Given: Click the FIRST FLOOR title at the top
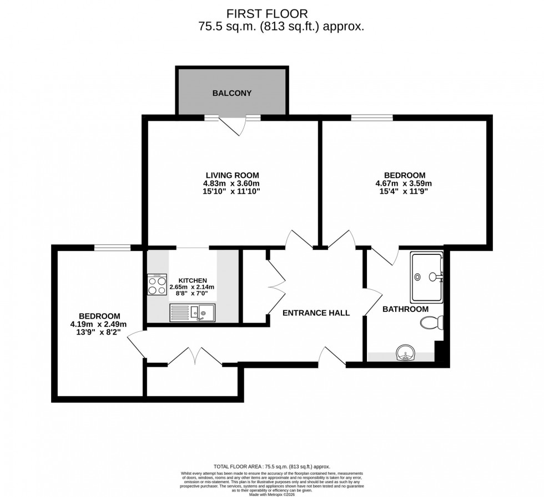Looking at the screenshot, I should click(271, 13).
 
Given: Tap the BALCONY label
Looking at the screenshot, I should click(231, 93).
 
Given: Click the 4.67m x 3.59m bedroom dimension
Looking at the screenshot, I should click(404, 183).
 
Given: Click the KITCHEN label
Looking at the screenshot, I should click(192, 280).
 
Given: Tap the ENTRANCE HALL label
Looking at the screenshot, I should click(316, 313).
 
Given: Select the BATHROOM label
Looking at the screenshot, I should click(405, 309).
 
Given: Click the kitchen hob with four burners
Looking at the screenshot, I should click(157, 285).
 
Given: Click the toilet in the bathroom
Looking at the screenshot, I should click(431, 322).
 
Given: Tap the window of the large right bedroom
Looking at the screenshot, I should click(371, 117).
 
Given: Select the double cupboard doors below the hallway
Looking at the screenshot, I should click(195, 357).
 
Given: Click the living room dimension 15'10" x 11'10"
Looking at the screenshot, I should click(232, 191).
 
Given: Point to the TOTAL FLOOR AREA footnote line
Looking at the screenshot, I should click(271, 467).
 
